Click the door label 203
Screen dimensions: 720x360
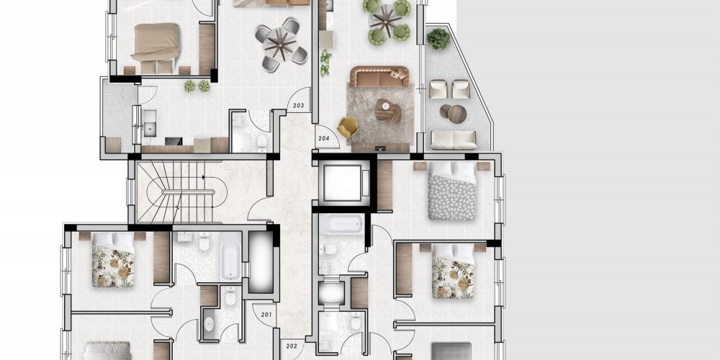pos(299,106)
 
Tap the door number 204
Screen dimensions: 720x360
pos(324,138)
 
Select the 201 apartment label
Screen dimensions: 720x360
pos(266,315)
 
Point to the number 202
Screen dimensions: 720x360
pos(292,346)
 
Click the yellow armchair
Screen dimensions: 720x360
pos(348,127)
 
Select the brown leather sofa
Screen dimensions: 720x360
pos(379,77)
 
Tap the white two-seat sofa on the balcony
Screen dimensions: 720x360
pos(453,140)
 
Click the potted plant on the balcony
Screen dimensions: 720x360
pos(438,39)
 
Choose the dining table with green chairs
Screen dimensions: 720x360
pos(386,21)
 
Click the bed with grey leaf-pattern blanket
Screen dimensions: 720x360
pos(452,191)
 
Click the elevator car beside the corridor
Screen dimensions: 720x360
pos(344,183)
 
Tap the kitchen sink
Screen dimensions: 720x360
pos(150,123)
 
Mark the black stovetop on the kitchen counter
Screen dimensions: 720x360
pos(174,141)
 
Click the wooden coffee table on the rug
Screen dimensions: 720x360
pos(388,111)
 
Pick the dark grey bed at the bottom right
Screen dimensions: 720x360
pos(451,351)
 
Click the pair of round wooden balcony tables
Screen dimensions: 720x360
pos(453,113)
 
